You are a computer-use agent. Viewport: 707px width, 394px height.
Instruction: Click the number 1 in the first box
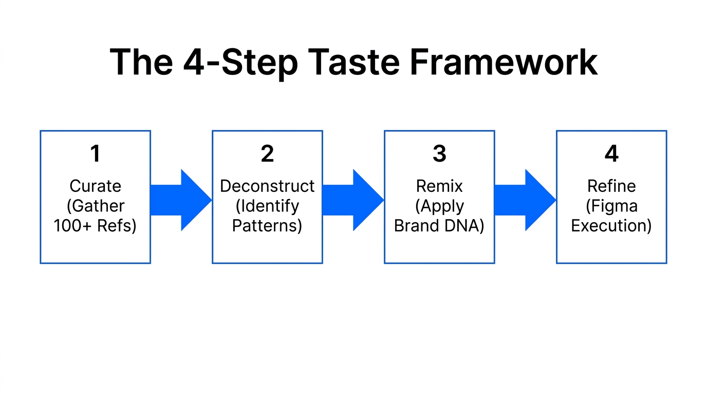(x=95, y=154)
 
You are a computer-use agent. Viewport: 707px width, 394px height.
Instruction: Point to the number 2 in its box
(x=267, y=154)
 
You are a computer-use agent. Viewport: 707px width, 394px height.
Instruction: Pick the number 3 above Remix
(x=439, y=154)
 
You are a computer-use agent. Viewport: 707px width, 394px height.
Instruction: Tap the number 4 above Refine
(x=611, y=154)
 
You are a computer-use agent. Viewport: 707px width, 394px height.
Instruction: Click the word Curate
(x=96, y=186)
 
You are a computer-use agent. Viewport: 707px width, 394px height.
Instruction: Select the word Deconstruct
(x=267, y=186)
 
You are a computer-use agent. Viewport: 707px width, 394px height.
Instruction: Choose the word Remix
(x=439, y=186)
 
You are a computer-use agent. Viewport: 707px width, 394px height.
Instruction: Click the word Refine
(x=611, y=186)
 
